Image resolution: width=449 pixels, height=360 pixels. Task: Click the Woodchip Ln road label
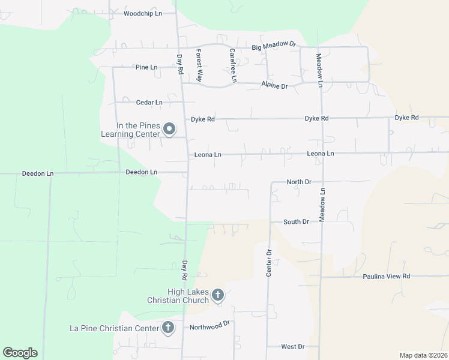point(143,13)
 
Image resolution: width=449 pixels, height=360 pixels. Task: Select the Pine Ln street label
point(146,67)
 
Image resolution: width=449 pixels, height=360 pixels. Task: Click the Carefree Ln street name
point(233,65)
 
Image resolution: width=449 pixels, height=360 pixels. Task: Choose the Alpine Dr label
point(274,86)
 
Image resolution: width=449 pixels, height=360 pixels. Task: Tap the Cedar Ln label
point(149,103)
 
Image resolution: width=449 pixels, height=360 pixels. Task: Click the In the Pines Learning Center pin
point(169,128)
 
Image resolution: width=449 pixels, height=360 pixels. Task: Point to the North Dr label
point(299,182)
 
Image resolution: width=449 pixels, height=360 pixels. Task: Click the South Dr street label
point(296,222)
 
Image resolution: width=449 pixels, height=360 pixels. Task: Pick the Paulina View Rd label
point(386,277)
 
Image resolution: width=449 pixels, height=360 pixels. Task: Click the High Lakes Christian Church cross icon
point(218,295)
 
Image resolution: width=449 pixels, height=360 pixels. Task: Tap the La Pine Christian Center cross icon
point(168,328)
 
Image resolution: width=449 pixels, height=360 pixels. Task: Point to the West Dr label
point(293,347)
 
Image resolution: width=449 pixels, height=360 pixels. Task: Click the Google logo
point(20,353)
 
